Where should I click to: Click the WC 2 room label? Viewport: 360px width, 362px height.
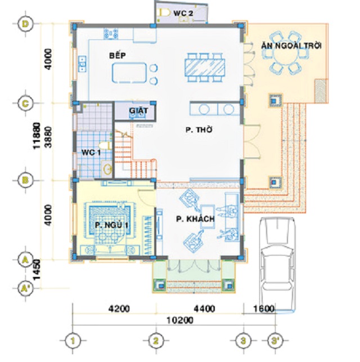(183, 13)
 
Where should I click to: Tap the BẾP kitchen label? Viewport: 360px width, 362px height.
(118, 55)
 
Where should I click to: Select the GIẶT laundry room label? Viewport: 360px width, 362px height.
(138, 110)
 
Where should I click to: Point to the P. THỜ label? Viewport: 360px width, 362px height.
(199, 129)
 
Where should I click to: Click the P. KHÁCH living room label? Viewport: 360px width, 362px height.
(195, 218)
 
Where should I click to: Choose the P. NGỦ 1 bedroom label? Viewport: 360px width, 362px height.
(111, 225)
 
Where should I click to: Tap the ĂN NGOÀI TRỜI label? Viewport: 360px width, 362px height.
(291, 46)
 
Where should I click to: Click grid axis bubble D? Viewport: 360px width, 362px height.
(26, 24)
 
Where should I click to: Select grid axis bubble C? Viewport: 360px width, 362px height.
(26, 103)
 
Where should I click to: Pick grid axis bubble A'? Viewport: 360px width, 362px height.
(26, 288)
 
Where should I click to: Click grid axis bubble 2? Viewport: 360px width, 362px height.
(156, 341)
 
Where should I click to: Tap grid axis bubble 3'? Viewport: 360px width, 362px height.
(275, 341)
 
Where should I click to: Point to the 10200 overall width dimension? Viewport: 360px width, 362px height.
(180, 320)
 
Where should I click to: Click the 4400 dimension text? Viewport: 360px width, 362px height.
(204, 309)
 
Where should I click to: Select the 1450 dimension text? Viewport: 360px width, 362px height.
(37, 270)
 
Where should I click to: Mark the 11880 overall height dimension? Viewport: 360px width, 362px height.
(37, 136)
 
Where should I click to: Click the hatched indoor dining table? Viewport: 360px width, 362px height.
(205, 67)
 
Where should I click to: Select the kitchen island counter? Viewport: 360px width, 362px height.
(129, 73)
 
